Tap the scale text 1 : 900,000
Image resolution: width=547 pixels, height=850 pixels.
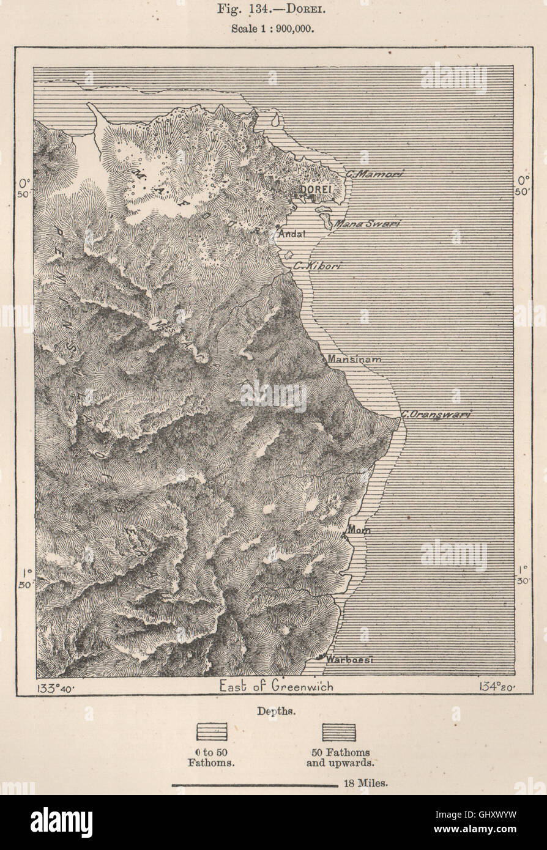point(273,29)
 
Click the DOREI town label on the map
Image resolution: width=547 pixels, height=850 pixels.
point(316,190)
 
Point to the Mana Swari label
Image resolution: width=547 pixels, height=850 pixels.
point(367,224)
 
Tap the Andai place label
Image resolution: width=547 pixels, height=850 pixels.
point(292,234)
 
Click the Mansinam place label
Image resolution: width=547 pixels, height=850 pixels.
point(355,360)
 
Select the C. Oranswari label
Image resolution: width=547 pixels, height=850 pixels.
point(436,415)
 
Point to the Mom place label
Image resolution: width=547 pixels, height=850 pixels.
point(359,530)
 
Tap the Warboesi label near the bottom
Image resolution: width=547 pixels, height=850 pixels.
point(349,660)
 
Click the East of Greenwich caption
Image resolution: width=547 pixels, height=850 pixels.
point(277,687)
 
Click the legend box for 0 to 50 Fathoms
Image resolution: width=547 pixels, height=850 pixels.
point(211,732)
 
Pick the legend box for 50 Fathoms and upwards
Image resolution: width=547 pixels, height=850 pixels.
point(339,732)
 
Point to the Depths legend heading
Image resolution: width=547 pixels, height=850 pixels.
point(273,711)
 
